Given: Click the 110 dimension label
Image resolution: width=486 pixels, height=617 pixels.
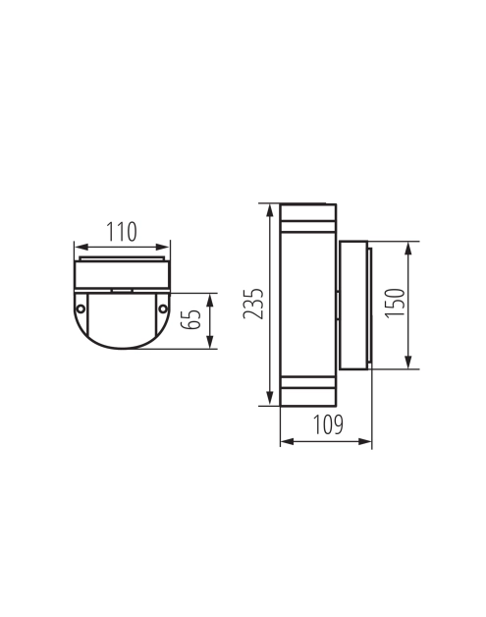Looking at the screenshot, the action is (x=122, y=232).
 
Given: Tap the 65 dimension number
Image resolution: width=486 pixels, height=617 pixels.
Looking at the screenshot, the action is (x=190, y=319).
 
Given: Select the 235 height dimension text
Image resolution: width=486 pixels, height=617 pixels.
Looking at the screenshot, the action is (x=253, y=304).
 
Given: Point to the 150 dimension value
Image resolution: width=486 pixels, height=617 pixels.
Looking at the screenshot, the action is (x=395, y=303).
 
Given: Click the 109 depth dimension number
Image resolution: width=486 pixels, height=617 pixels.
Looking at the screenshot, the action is (x=328, y=424).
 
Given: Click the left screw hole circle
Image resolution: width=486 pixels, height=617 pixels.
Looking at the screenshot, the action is (x=81, y=308).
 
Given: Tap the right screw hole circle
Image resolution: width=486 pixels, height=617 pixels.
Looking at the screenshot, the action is (x=163, y=308).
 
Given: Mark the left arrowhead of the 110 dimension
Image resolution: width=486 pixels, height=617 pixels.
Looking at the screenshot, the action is (x=81, y=248).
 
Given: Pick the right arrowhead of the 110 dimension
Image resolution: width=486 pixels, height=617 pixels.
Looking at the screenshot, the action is (x=163, y=248).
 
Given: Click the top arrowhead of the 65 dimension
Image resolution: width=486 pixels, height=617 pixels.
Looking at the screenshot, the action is (x=210, y=301).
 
